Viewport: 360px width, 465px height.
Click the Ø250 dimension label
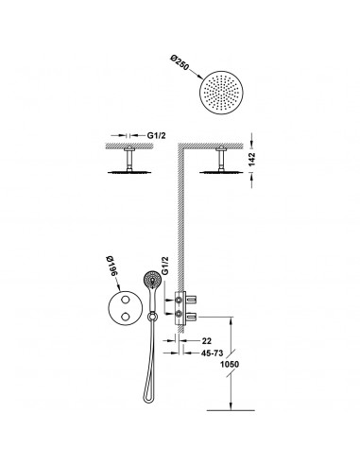(179, 62)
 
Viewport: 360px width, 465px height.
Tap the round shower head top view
(221, 93)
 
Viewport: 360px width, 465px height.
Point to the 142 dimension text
(251, 159)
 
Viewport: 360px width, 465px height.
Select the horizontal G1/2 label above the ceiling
(156, 135)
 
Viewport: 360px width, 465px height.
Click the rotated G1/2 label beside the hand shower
(164, 266)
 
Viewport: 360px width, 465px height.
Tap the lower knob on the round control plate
(125, 317)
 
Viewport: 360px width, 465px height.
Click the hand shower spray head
(152, 279)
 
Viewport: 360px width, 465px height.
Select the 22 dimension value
(207, 340)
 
